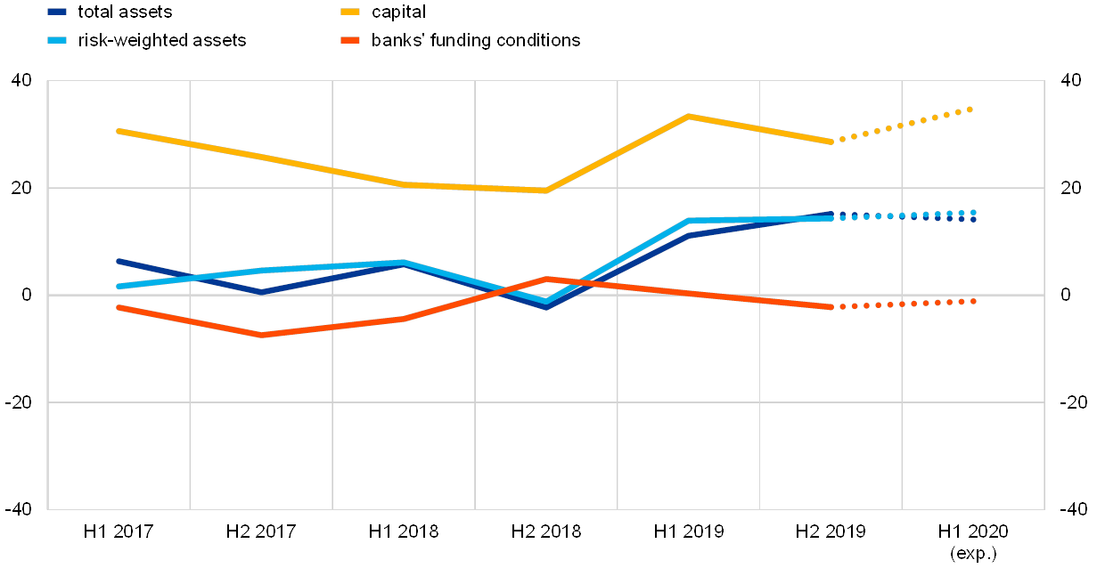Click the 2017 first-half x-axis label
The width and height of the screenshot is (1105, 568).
[x=126, y=532]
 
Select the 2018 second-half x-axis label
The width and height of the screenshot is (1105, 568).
[x=552, y=532]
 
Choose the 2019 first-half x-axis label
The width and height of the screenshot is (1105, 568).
[x=695, y=532]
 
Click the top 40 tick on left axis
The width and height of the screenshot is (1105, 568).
[x=21, y=81]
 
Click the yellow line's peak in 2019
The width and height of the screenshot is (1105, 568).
[x=689, y=116]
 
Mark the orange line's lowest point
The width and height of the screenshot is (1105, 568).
[x=262, y=335]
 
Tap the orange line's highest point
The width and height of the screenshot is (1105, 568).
[x=546, y=279]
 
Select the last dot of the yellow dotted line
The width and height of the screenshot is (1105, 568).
[x=970, y=110]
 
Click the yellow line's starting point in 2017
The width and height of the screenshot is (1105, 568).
[x=119, y=131]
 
